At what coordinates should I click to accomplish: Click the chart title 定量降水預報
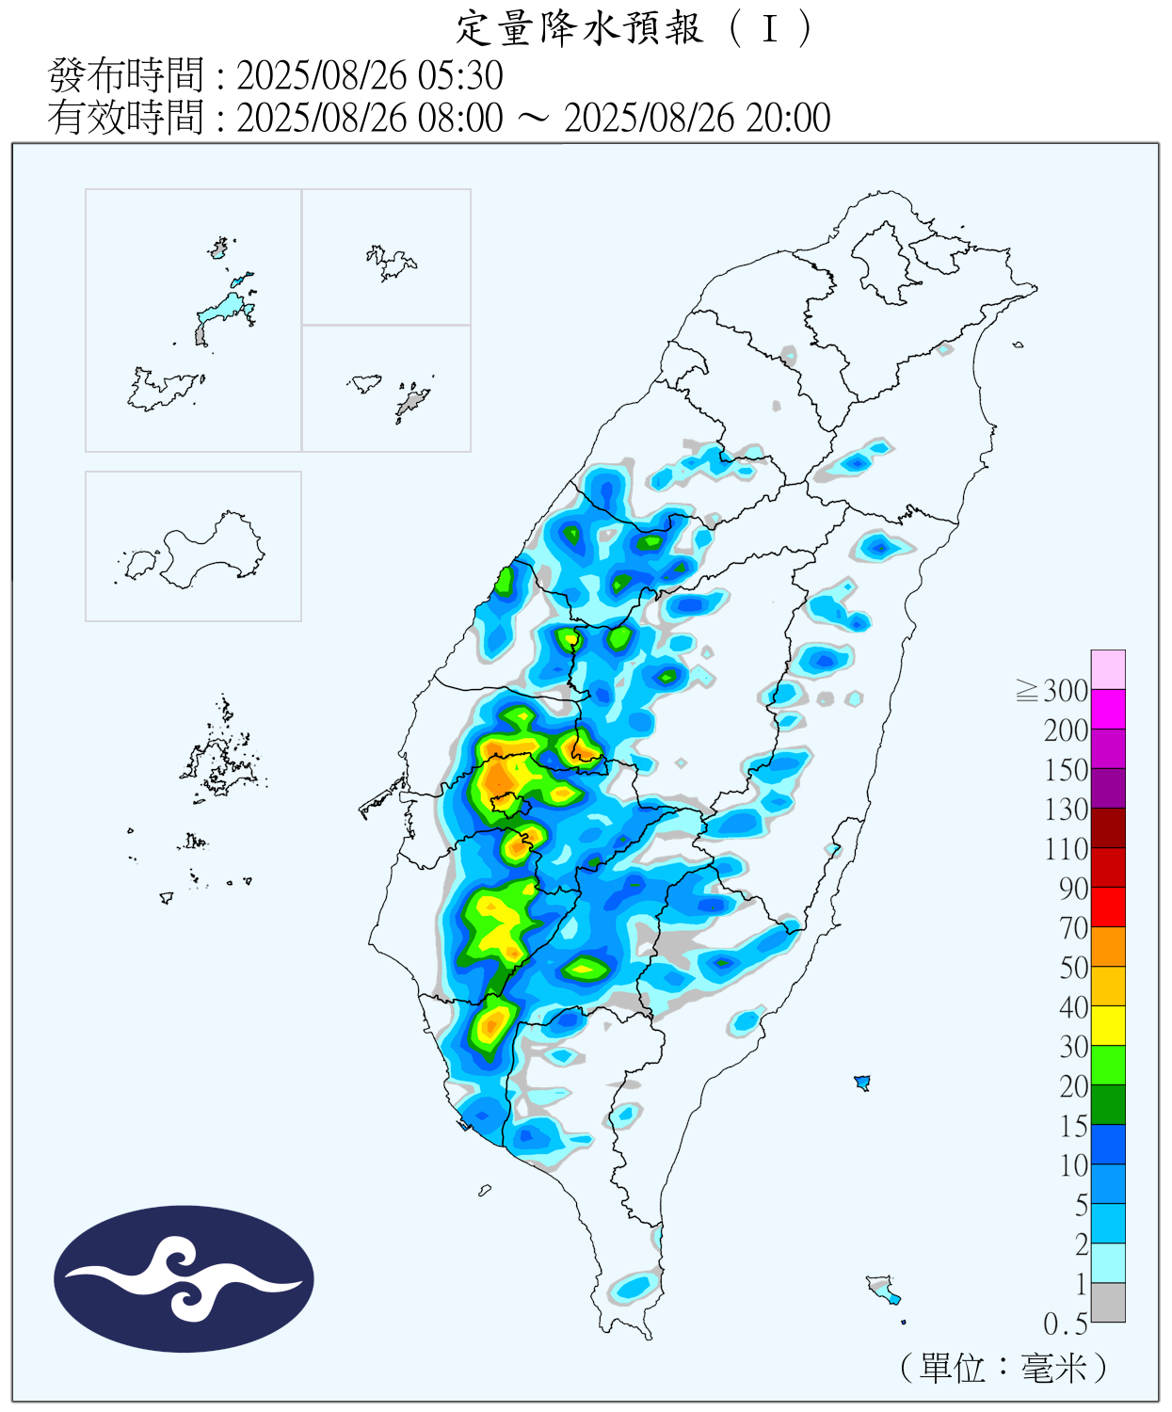tap(579, 28)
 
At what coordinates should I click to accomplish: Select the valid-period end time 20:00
tap(789, 119)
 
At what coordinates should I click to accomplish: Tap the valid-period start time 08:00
tap(461, 119)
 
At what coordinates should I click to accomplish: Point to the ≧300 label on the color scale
tap(1052, 691)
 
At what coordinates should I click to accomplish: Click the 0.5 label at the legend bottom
tap(1065, 1324)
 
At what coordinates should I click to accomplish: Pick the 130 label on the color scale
tap(1066, 810)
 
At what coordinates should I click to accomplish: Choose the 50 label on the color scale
tap(1073, 968)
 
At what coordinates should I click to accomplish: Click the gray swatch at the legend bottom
tap(1108, 1303)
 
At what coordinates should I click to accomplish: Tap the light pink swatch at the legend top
tap(1108, 669)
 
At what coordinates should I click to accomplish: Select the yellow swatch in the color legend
tap(1108, 1026)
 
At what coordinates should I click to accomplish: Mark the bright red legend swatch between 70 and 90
tap(1108, 907)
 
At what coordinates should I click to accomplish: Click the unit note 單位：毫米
tap(1003, 1368)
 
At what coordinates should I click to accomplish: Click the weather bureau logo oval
tap(184, 1279)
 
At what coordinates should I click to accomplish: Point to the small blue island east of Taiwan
tap(861, 1083)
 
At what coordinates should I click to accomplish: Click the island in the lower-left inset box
tap(207, 551)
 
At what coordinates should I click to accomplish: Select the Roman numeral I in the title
tap(770, 29)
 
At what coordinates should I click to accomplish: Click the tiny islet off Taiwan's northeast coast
tap(1019, 345)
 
